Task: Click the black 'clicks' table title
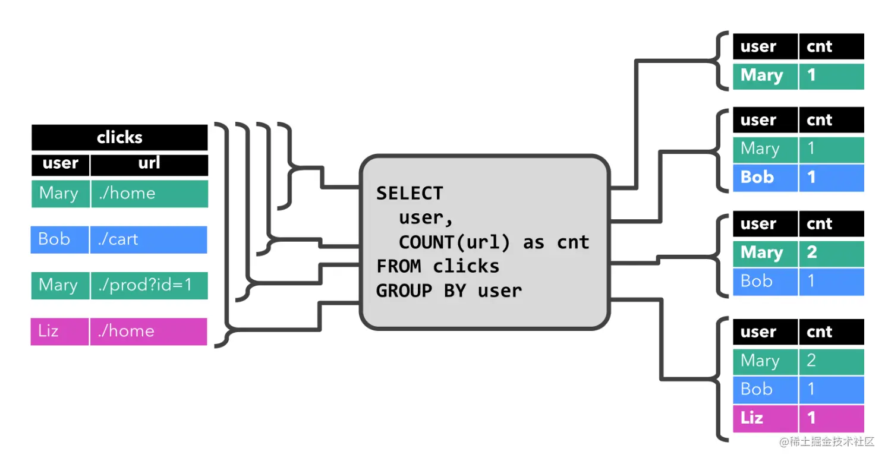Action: [x=119, y=137]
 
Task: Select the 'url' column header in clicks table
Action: [x=149, y=163]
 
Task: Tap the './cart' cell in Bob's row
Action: [x=148, y=239]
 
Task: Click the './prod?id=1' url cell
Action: [x=149, y=285]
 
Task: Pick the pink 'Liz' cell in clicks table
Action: [x=59, y=331]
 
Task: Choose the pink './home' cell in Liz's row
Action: [x=148, y=331]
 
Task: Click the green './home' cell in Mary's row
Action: [x=149, y=194]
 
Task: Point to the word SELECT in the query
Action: [x=410, y=193]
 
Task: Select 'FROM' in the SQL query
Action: [x=399, y=266]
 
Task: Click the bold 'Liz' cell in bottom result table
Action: [x=764, y=418]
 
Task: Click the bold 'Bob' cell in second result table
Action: [x=764, y=178]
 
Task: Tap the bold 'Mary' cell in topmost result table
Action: [x=764, y=76]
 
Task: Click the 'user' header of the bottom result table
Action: [x=764, y=331]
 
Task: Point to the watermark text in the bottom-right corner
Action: [x=827, y=441]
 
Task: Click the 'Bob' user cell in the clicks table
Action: [x=59, y=239]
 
